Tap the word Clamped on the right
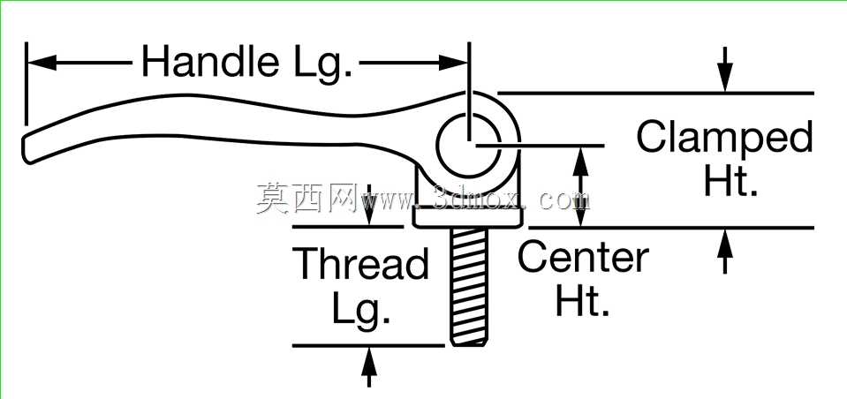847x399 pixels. [724, 139]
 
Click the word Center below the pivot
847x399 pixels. [584, 258]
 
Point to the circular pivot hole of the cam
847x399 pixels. [468, 145]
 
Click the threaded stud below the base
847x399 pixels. [469, 286]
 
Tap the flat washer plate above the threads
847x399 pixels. [468, 217]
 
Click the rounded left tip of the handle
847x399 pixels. [27, 148]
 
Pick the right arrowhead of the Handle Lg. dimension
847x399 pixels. [453, 63]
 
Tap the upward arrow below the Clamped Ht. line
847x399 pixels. [725, 251]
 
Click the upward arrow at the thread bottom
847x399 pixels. [369, 367]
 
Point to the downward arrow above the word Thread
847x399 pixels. [369, 205]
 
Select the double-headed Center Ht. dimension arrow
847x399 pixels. [580, 187]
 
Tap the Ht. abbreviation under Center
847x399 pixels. [582, 303]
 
